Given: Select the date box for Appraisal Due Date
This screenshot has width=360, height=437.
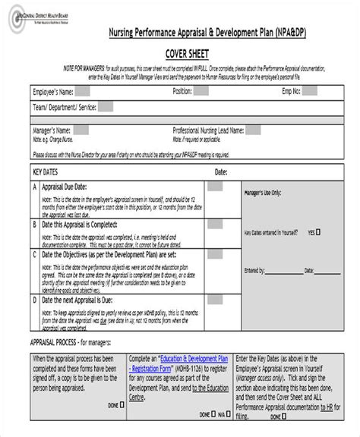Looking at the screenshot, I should click(x=216, y=187).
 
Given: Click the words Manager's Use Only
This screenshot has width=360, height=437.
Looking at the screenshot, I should click(x=268, y=193).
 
